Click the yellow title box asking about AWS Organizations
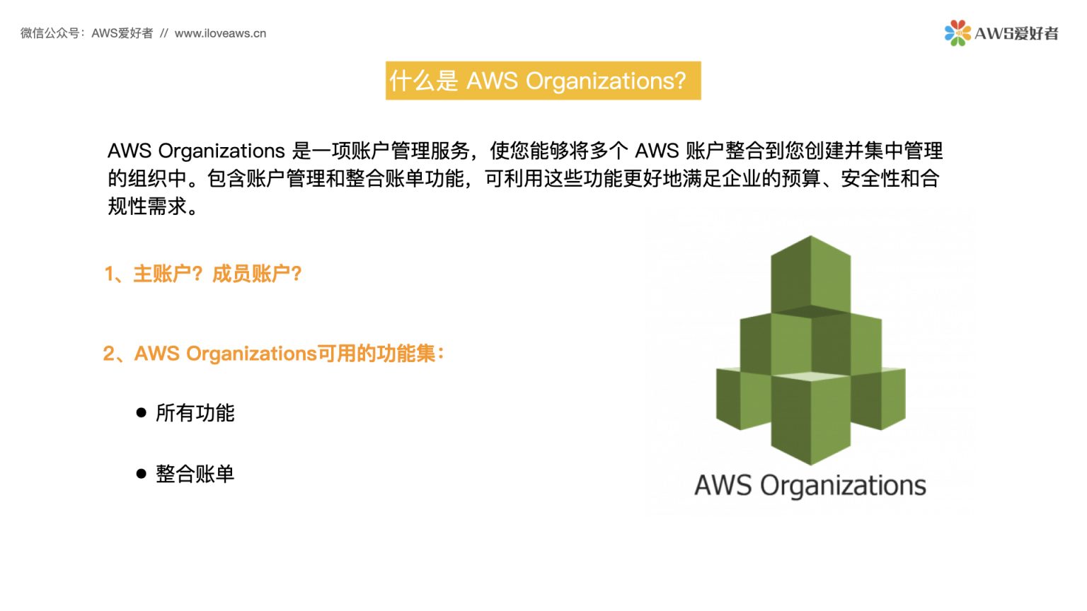click(x=543, y=81)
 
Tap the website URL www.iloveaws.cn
click(x=220, y=33)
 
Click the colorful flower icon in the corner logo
click(x=957, y=33)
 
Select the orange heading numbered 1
click(x=203, y=274)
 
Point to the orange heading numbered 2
click(x=274, y=353)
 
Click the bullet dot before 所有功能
click(x=142, y=412)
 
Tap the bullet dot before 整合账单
click(x=142, y=473)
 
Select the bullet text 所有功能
click(x=195, y=412)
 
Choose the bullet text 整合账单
click(x=195, y=473)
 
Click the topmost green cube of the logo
click(x=810, y=274)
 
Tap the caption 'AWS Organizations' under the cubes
click(x=810, y=486)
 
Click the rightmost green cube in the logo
click(x=880, y=397)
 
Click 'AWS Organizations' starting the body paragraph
click(x=196, y=151)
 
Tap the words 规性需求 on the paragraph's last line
click(x=147, y=206)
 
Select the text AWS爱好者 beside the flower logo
click(x=1016, y=33)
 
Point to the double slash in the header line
click(x=163, y=33)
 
